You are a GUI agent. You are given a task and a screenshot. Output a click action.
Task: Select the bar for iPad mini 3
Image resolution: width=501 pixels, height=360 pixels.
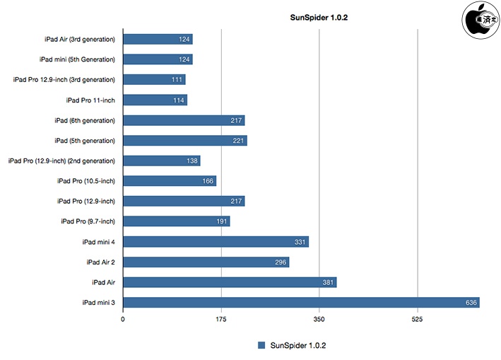tap(301, 303)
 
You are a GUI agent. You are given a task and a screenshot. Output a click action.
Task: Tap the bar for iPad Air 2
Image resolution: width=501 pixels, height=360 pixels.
tap(206, 262)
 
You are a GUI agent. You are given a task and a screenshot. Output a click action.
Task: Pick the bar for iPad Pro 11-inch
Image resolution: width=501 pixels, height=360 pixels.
tap(155, 100)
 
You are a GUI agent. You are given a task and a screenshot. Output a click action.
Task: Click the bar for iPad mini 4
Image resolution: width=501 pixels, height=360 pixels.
tap(216, 242)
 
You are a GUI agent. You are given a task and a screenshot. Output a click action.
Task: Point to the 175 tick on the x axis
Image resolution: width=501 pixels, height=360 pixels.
tap(221, 319)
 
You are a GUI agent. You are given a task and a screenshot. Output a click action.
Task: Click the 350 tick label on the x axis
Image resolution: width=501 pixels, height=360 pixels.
tap(319, 319)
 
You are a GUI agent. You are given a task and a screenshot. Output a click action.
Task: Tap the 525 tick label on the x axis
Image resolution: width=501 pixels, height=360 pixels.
tap(418, 319)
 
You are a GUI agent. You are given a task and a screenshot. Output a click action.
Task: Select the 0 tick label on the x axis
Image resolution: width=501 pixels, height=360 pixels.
tap(124, 319)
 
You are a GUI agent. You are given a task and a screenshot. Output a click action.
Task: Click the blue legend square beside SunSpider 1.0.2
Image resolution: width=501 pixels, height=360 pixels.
tap(261, 345)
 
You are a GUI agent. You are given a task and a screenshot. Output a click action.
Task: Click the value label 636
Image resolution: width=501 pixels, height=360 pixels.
tap(471, 303)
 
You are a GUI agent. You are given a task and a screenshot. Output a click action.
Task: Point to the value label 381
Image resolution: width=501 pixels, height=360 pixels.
tap(328, 283)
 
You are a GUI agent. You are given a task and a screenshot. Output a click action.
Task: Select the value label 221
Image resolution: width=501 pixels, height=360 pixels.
tap(239, 141)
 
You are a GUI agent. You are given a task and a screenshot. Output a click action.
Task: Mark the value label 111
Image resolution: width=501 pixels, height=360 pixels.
tap(177, 80)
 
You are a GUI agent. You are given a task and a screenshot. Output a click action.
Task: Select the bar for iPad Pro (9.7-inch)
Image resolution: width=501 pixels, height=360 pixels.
tap(177, 221)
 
